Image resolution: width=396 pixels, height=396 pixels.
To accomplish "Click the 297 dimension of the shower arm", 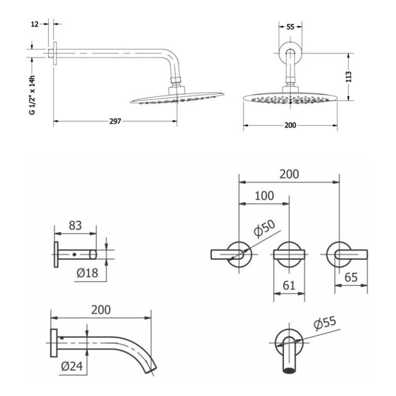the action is click(115, 121).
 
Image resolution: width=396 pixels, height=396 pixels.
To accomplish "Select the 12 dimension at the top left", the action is click(35, 24).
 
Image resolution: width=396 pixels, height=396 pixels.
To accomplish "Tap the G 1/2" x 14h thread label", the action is click(32, 95).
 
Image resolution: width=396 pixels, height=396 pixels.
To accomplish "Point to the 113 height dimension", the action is click(349, 77).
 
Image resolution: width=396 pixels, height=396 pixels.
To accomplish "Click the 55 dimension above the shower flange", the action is click(290, 27).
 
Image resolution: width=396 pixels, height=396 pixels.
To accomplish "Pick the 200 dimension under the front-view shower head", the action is click(290, 125).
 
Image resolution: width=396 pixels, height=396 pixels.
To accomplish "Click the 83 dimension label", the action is click(75, 225).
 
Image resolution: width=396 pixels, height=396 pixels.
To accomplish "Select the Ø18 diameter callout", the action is click(87, 273).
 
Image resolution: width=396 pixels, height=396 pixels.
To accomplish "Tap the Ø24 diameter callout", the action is click(72, 366).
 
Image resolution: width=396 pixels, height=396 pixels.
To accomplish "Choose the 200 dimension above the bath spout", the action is click(101, 310).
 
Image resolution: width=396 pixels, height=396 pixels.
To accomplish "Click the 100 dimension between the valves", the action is click(264, 196).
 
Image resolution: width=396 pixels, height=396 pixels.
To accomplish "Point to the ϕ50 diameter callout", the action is click(264, 229).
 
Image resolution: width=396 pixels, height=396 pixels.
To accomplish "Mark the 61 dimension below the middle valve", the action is click(289, 285).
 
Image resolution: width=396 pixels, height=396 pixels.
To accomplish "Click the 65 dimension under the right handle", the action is click(351, 277).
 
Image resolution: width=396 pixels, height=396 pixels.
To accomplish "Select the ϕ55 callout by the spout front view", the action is click(325, 323).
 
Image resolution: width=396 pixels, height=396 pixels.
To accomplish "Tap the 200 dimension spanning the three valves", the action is click(289, 174).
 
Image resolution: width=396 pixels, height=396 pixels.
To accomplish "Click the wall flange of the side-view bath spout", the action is click(54, 343).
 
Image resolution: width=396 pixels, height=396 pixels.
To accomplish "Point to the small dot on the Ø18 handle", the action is click(74, 254).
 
